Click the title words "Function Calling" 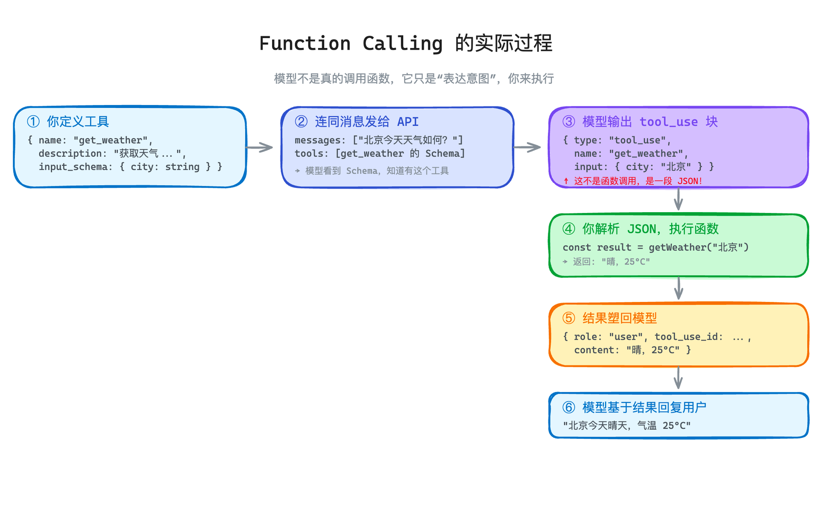[x=351, y=43]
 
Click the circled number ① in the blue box [x=33, y=122]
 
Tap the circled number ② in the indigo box [x=301, y=122]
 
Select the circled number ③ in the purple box [x=569, y=122]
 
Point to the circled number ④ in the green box [x=569, y=229]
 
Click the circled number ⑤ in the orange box [x=569, y=318]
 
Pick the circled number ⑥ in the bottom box [x=569, y=407]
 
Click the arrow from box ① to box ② [x=260, y=147]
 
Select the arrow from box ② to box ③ [x=527, y=147]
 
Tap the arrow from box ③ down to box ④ [x=679, y=200]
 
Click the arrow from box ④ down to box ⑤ [x=679, y=289]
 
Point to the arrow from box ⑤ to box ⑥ [x=679, y=378]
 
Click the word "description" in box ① [x=70, y=153]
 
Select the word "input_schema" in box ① [x=73, y=167]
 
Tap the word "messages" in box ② [x=318, y=140]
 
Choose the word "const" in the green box [x=576, y=247]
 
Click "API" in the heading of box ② [x=408, y=122]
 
